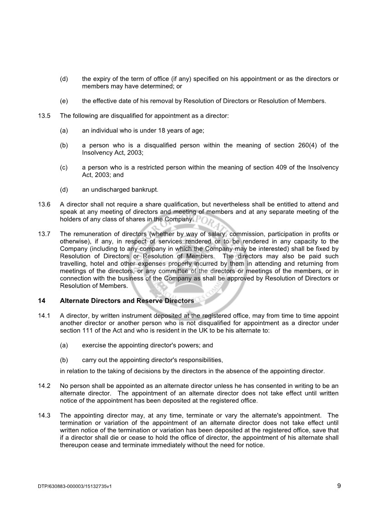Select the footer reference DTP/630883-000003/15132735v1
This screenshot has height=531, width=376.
pos(75,486)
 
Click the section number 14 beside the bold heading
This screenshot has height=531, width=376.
pos(41,301)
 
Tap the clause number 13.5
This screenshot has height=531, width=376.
pos(44,116)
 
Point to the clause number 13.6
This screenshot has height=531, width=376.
pos(44,204)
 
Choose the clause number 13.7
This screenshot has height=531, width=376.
pos(44,234)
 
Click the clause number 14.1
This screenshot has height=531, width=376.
pos(44,316)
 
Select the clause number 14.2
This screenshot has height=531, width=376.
pos(44,386)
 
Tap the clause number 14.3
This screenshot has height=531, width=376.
pos(44,416)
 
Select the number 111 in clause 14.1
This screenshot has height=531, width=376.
pos(90,330)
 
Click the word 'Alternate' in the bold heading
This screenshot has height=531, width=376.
pos(75,301)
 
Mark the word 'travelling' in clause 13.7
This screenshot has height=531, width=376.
pos(74,263)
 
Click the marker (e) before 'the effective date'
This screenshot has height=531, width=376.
pos(64,101)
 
